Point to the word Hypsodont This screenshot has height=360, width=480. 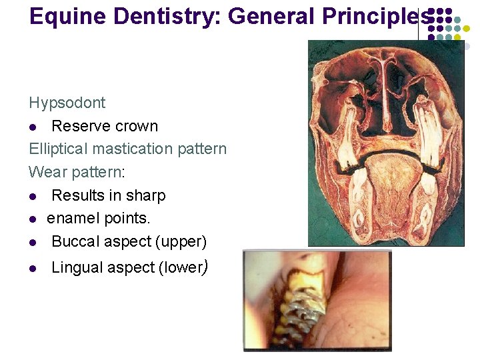coord(67,103)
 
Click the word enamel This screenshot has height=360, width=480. coord(72,218)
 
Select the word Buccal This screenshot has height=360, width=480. coord(75,241)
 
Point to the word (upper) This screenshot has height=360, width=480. coord(181,241)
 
